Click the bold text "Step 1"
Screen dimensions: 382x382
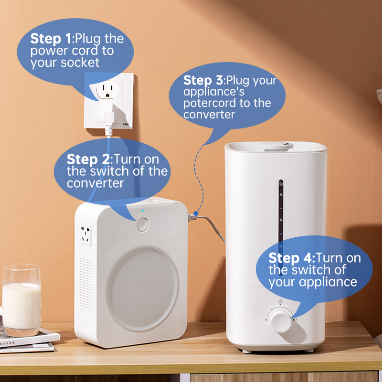[51, 39]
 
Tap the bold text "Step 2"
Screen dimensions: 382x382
[88, 159]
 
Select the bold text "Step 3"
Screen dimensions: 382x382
[203, 80]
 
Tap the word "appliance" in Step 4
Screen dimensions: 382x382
[328, 282]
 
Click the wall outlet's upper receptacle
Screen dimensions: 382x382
[107, 89]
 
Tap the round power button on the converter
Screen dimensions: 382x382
[143, 224]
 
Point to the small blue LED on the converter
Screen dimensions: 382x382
[143, 211]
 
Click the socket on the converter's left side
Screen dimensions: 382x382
[86, 235]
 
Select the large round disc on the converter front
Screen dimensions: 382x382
[142, 288]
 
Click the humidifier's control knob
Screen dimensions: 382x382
[280, 320]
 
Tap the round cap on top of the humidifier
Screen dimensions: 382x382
[276, 146]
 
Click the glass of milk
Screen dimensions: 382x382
[21, 300]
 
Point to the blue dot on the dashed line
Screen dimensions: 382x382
[196, 213]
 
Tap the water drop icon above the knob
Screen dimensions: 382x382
[280, 301]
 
